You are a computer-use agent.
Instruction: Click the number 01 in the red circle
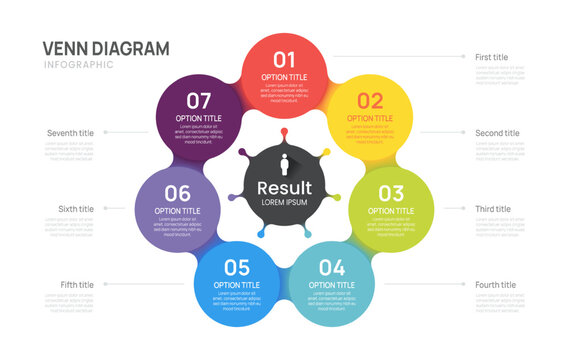click(x=285, y=59)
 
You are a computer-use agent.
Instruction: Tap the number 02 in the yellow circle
click(x=370, y=100)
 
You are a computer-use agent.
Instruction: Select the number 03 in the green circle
click(x=391, y=193)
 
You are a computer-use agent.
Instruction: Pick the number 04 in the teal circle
click(x=332, y=267)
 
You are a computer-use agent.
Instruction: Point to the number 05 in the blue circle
click(x=236, y=267)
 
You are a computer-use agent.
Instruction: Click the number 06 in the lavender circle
click(x=177, y=193)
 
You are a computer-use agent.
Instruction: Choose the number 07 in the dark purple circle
click(x=199, y=100)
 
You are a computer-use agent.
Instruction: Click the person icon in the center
click(x=284, y=165)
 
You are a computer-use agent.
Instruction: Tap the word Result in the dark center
click(x=284, y=188)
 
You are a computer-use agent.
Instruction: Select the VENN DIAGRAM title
click(x=106, y=48)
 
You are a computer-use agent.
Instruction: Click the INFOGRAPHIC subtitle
click(x=79, y=65)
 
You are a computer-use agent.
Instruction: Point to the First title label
click(x=491, y=57)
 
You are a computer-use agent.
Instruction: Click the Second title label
click(x=497, y=133)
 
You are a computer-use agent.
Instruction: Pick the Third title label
click(x=493, y=209)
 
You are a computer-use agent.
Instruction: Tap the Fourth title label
click(x=495, y=285)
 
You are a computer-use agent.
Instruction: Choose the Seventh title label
click(x=70, y=133)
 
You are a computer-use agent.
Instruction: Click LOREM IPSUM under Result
click(x=284, y=203)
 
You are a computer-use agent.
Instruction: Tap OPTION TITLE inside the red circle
click(x=285, y=77)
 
